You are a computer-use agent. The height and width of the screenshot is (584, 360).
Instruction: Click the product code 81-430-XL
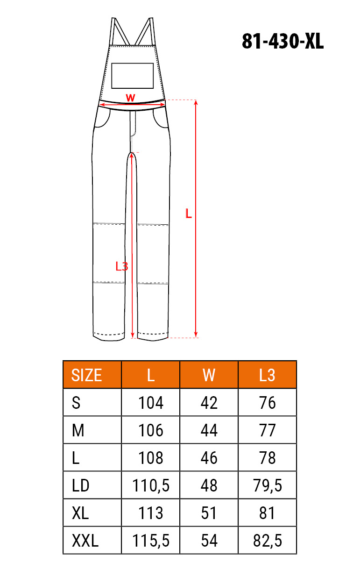click(282, 41)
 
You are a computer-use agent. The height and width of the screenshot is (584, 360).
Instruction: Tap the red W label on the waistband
click(130, 98)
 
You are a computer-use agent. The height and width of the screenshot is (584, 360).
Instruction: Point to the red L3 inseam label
click(122, 266)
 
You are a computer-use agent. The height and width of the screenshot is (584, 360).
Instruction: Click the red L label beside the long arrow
click(188, 214)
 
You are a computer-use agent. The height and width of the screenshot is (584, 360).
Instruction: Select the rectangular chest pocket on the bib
click(132, 76)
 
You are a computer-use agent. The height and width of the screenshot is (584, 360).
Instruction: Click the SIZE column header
click(86, 375)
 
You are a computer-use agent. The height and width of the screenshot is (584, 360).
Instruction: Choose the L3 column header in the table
click(267, 375)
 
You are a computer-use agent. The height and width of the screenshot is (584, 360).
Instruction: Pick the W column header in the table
click(209, 375)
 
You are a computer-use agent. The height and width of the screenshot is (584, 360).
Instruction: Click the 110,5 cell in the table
click(151, 485)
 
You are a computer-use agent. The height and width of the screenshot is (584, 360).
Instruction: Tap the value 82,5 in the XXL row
click(267, 541)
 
